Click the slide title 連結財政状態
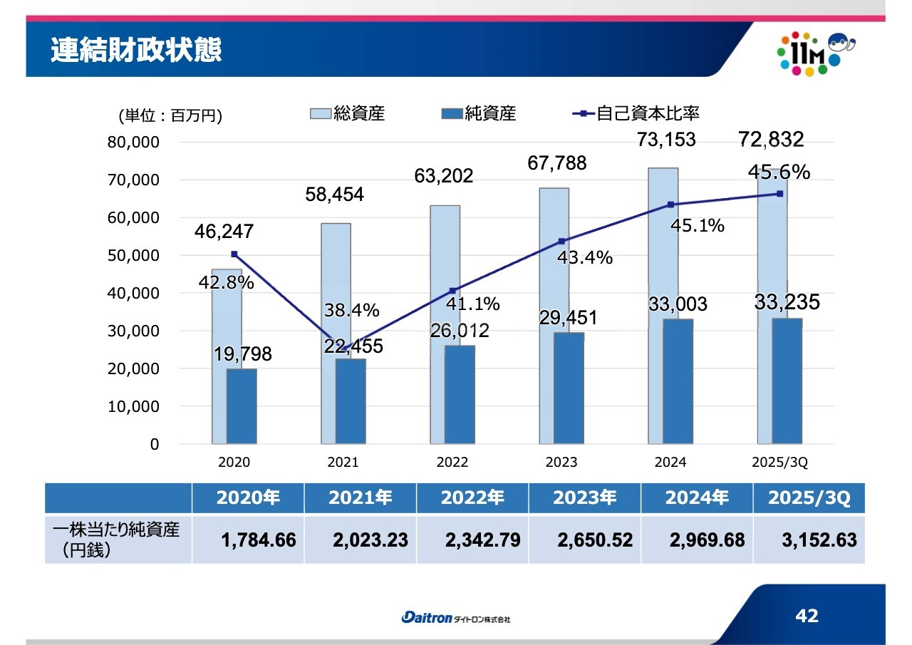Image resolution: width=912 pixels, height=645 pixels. pos(136,51)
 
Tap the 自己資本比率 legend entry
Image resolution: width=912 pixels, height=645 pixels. pos(637,113)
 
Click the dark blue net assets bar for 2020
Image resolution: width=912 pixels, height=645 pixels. pos(241,406)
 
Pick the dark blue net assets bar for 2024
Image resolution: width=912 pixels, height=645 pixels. pos(678,381)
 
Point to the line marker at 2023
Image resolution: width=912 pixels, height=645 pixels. pos(561,241)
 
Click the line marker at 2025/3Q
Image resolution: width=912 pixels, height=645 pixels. pos(780,194)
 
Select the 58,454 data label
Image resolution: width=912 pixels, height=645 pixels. pos(334,194)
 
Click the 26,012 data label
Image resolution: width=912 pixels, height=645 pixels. pos(459,331)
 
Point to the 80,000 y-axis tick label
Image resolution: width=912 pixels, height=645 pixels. pos(133,142)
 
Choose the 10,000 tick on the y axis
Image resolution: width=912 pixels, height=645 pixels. pos(133,407)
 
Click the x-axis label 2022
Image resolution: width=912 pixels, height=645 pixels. pos(452,463)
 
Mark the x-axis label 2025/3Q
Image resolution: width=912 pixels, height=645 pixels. pos(779,463)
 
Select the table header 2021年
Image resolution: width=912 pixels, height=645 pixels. pos(361,498)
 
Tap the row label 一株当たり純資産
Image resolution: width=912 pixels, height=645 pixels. pos(116,530)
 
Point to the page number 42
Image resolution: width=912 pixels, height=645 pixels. pos(807,616)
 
